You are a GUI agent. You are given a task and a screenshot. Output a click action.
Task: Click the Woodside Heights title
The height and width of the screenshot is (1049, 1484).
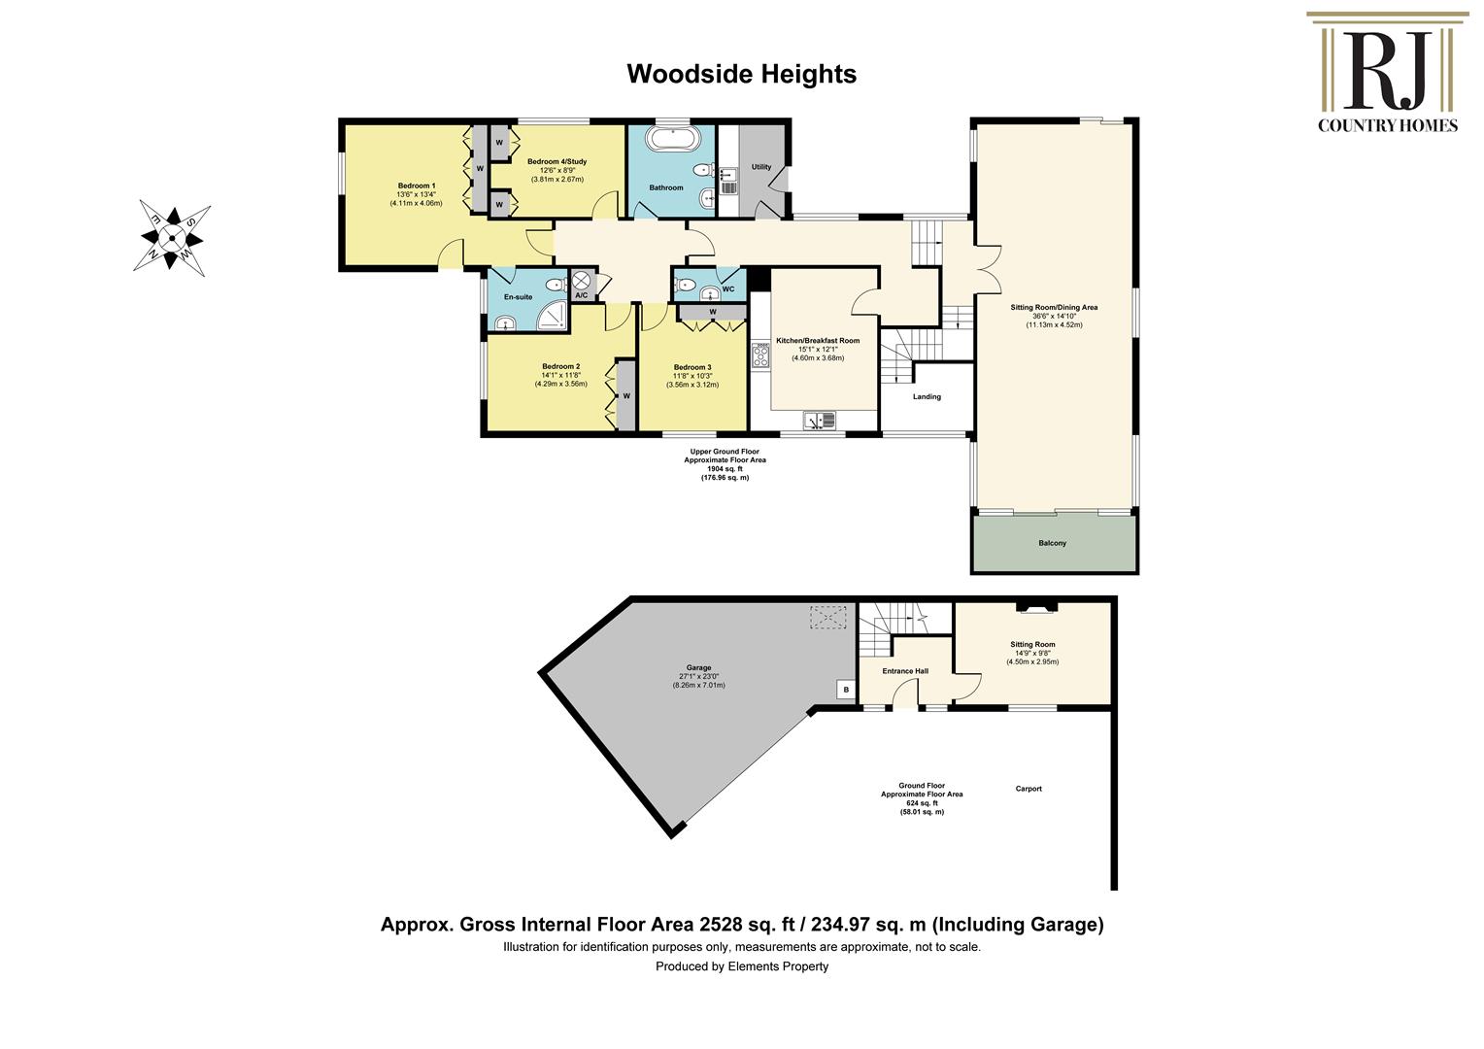(741, 74)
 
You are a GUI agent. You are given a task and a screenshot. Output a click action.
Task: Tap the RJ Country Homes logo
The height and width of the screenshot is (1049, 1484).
(1386, 72)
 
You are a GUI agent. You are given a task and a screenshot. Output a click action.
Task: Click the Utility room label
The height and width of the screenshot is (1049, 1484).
(761, 167)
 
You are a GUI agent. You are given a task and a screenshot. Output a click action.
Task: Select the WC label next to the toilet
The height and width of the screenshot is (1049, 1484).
(728, 288)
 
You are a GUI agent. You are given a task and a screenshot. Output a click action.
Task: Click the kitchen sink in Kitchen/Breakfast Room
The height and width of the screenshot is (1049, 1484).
(821, 421)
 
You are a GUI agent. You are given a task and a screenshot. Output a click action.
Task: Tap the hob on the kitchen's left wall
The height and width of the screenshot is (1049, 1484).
(759, 355)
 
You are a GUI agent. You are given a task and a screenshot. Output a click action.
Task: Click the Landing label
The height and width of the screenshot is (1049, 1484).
(927, 396)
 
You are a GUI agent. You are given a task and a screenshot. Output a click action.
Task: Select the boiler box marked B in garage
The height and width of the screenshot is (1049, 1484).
(846, 690)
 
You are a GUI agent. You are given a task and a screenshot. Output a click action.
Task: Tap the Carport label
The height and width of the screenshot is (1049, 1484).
(1029, 789)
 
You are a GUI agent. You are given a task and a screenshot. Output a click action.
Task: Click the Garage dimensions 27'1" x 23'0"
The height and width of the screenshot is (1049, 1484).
(698, 685)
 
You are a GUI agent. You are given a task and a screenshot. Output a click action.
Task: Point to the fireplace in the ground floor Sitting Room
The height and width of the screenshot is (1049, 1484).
(1034, 608)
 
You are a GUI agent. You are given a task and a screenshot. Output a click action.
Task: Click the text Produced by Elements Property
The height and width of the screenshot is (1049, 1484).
(741, 966)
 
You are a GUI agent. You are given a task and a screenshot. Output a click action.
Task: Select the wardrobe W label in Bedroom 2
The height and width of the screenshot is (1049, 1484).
(626, 395)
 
